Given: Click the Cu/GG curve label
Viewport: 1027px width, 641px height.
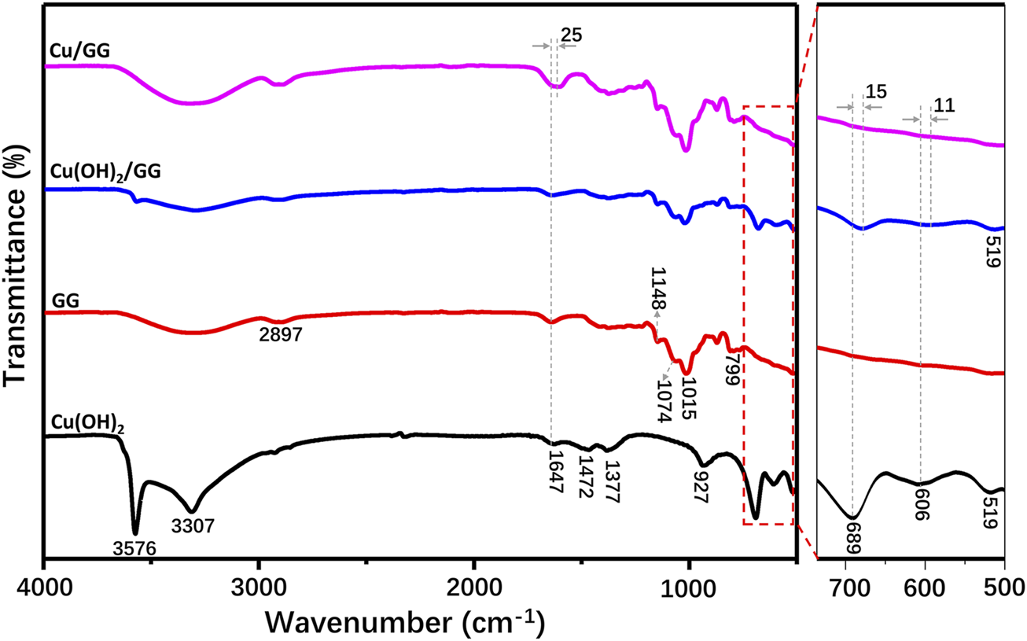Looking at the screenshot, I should pyautogui.click(x=78, y=51).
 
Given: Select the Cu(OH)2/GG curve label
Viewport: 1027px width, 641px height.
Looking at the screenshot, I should pyautogui.click(x=105, y=172).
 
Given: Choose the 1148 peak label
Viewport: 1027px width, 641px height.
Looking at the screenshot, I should pyautogui.click(x=657, y=289).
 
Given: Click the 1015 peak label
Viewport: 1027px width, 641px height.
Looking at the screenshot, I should pyautogui.click(x=687, y=398).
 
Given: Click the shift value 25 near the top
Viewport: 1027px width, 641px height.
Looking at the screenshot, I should pyautogui.click(x=571, y=34).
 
